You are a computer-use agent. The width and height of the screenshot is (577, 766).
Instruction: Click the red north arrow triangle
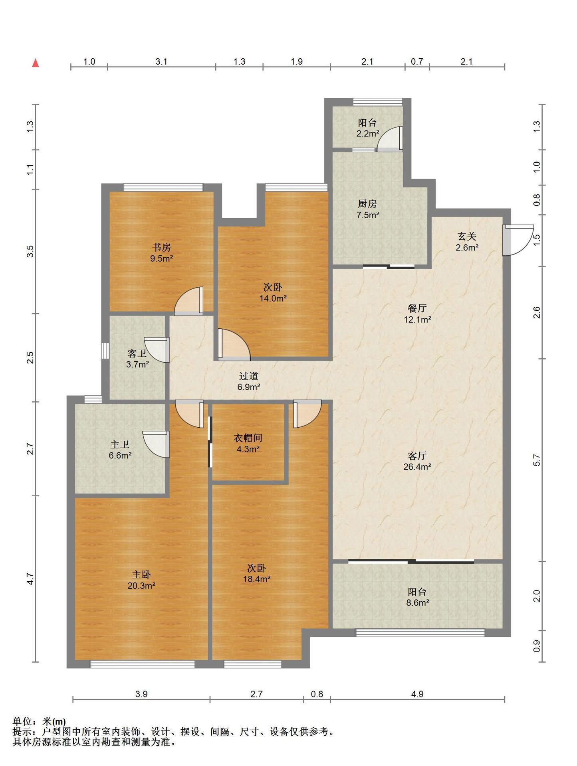point(36,63)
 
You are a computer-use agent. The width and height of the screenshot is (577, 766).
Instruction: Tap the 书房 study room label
point(161,247)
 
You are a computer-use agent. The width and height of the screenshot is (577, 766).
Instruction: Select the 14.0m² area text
point(273,298)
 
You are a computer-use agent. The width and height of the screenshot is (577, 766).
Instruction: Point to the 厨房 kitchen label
point(367,204)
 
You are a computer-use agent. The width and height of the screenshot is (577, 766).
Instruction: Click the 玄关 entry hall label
point(467,236)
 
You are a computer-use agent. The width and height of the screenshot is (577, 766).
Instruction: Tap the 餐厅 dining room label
point(417,308)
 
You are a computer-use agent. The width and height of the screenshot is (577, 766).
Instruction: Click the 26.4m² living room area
point(417,467)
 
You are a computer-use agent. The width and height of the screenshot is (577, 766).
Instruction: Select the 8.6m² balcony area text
point(418,603)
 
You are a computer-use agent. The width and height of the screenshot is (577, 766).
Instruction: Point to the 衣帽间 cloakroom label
point(248,438)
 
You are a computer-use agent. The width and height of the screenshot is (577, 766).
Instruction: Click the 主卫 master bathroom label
point(120,444)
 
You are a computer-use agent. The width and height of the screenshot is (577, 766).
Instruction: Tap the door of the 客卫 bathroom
point(157,350)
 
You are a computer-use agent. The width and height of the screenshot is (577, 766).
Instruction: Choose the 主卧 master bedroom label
point(141,574)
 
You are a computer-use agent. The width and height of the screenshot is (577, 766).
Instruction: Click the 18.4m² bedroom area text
point(257,579)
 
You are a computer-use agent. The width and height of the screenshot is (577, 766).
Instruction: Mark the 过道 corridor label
point(249,376)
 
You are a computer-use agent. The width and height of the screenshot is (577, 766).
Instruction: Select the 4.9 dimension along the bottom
point(417,694)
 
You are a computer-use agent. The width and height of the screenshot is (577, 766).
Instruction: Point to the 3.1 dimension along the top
point(161,61)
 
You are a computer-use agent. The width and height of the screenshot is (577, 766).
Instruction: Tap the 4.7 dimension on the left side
point(30,579)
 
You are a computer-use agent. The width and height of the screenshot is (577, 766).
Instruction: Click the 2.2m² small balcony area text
point(368,134)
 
